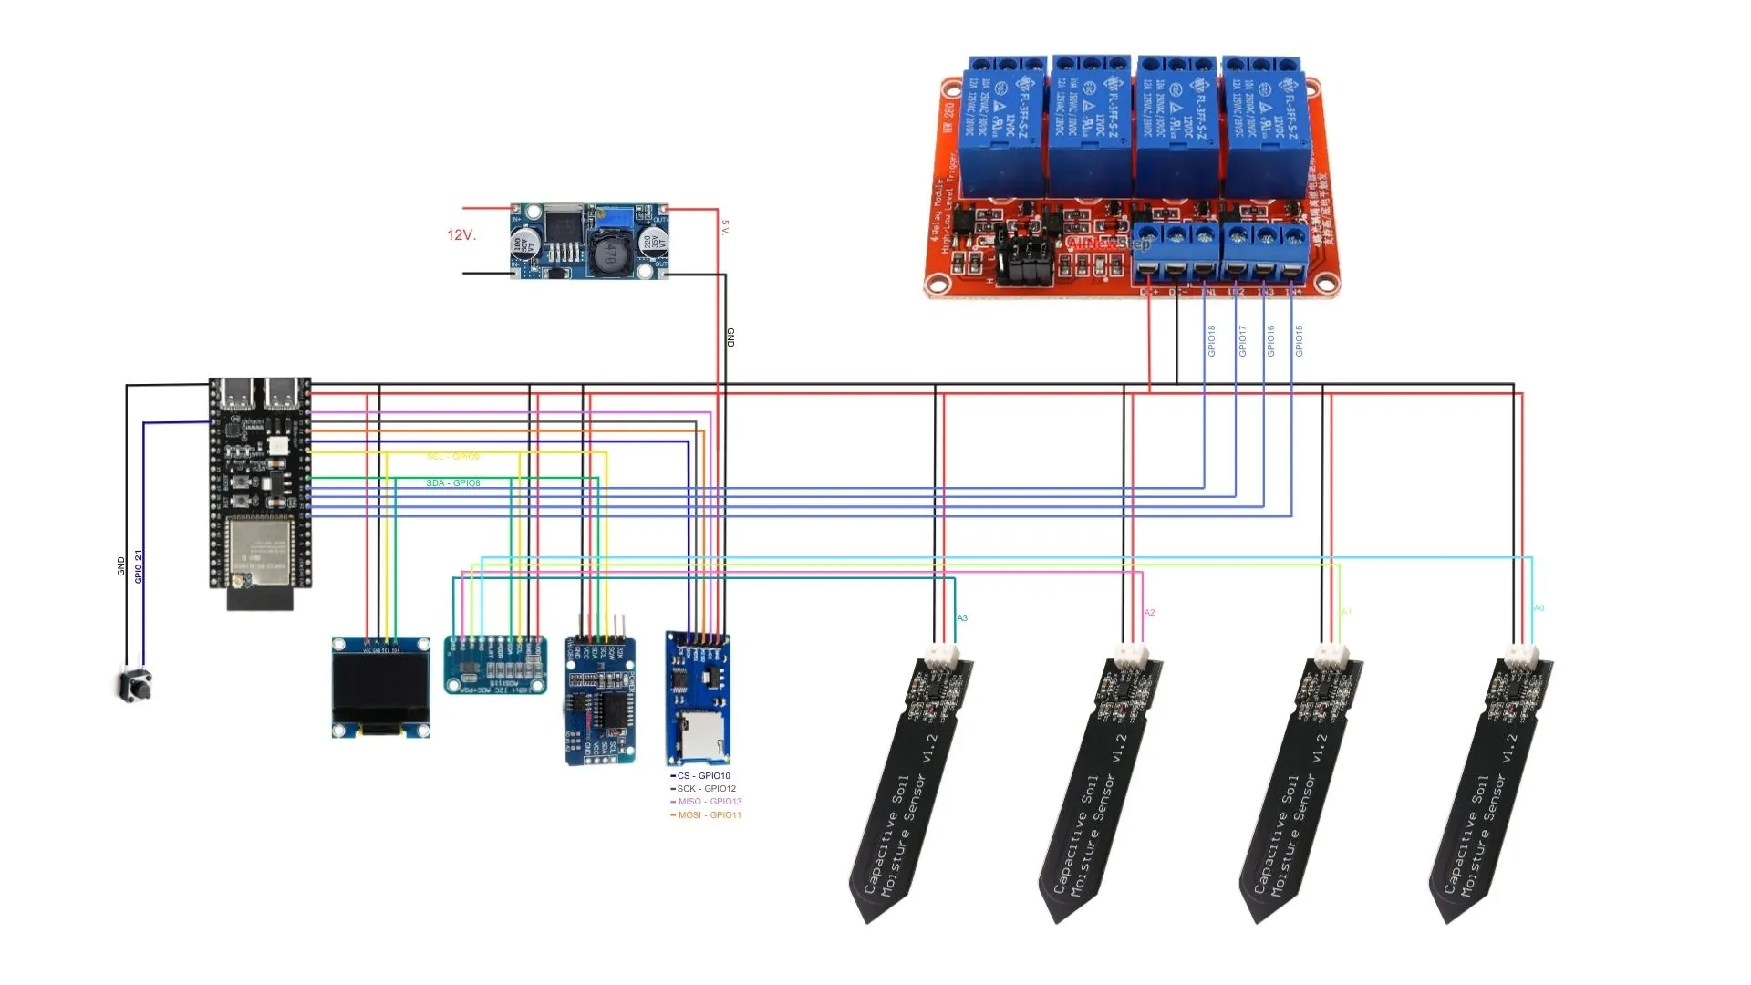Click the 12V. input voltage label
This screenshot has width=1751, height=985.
coord(461,235)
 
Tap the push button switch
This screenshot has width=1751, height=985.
coord(135,685)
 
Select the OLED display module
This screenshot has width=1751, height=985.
coord(380,687)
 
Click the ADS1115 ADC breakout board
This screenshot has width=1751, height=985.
coord(495,666)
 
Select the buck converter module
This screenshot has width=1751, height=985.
coord(589,241)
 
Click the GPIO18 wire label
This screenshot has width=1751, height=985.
coord(1212,341)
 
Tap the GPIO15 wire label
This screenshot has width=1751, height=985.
coord(1300,341)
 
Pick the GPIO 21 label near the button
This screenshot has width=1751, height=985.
coord(139,566)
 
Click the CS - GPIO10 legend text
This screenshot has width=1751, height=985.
coord(703,776)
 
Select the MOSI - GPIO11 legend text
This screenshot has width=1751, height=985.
coord(710,815)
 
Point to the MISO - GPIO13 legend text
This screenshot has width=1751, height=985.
coord(710,802)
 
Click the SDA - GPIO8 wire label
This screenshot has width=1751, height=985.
coord(453,483)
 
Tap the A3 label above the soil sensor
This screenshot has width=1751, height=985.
coord(962,618)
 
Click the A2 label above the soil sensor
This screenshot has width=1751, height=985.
coord(1149,613)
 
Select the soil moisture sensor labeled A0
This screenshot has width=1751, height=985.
coord(1491,784)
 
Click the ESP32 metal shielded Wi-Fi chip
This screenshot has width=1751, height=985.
coord(258,552)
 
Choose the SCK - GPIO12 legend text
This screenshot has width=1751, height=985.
coord(706,789)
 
